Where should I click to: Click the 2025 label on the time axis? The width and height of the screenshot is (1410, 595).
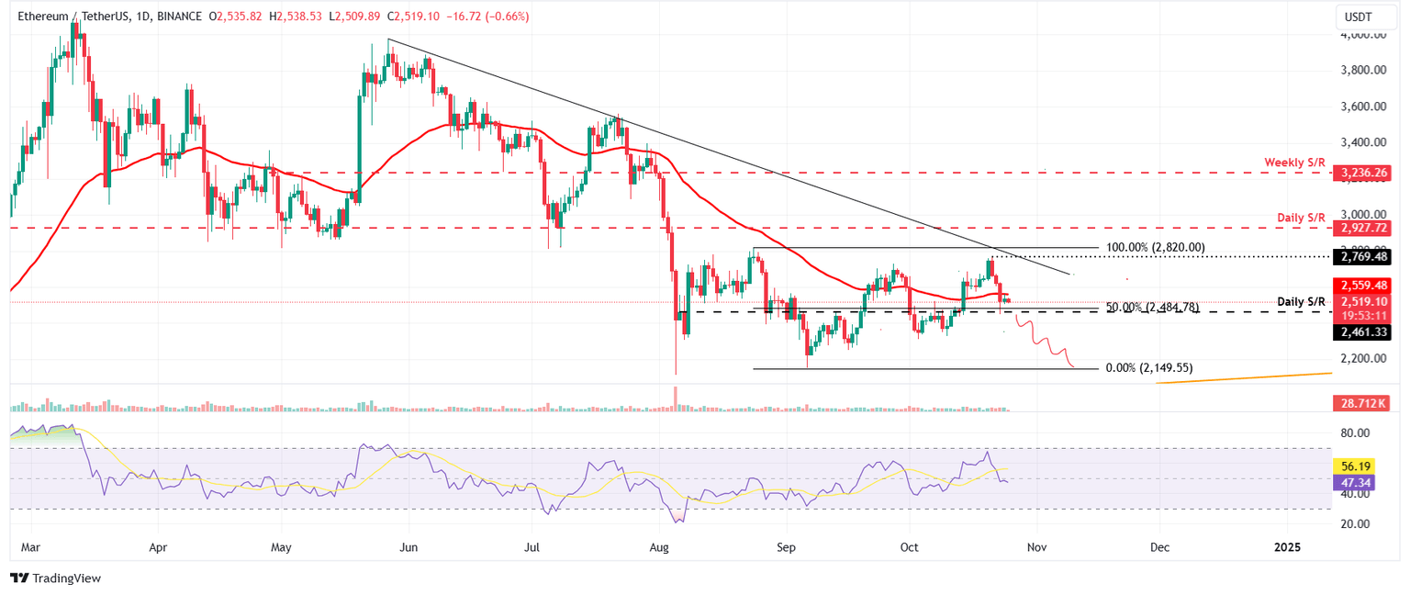pyautogui.click(x=1287, y=547)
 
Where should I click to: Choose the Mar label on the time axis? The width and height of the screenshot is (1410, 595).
pyautogui.click(x=29, y=547)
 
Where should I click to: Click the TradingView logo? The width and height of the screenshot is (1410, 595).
pyautogui.click(x=55, y=578)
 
